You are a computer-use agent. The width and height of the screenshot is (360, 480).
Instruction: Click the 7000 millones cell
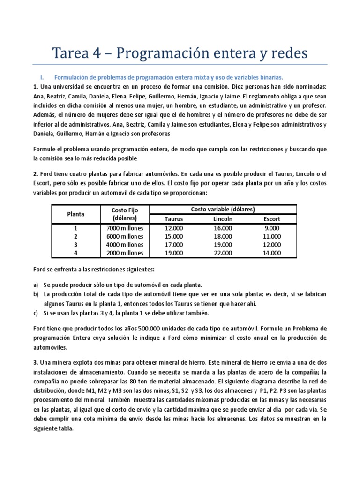(x=125, y=228)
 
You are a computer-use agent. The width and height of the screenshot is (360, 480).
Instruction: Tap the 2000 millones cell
(x=125, y=253)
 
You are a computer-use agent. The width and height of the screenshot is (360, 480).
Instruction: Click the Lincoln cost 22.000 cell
(x=223, y=253)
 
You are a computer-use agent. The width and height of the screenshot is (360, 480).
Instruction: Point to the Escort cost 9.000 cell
(x=272, y=228)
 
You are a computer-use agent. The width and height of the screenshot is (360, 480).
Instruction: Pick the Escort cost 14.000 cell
(x=272, y=253)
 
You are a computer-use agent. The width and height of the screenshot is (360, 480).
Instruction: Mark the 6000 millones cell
(x=125, y=236)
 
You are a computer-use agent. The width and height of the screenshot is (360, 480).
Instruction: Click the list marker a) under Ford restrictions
(x=36, y=285)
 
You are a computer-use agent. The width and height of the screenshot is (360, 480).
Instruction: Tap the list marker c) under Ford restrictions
(x=36, y=313)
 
